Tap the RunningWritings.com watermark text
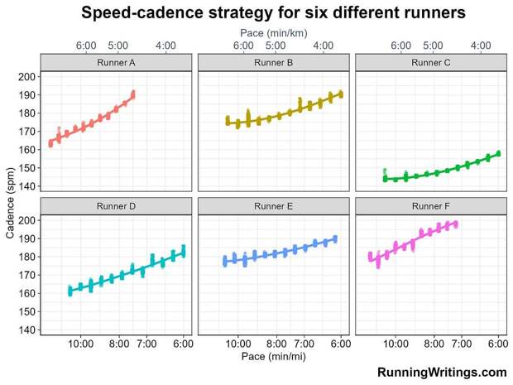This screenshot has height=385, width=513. tap(442, 373)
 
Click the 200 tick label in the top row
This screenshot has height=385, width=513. tap(26, 77)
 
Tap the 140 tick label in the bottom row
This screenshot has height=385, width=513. tap(26, 330)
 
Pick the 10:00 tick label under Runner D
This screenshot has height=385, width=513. tap(81, 344)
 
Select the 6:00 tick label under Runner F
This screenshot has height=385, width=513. tap(497, 344)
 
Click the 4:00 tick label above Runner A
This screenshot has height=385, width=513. tap(165, 46)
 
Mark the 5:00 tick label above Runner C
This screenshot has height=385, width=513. tap(432, 46)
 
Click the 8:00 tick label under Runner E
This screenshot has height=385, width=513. tap(276, 344)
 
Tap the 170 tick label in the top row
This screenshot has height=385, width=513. tap(26, 132)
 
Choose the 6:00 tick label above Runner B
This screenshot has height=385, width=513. tap(243, 46)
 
